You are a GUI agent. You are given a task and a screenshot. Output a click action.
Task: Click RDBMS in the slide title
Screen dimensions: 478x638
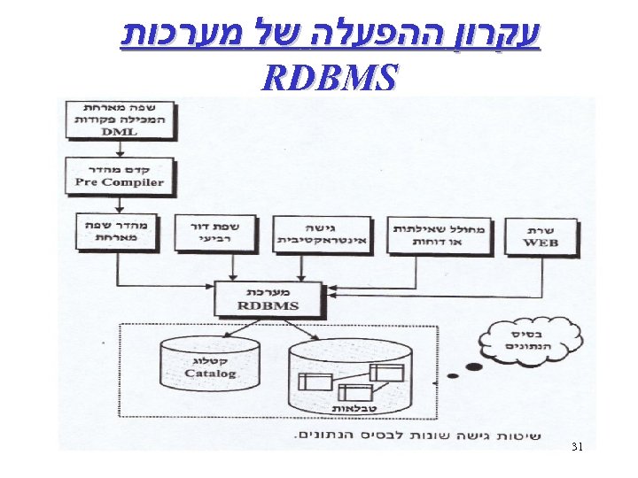coord(328,78)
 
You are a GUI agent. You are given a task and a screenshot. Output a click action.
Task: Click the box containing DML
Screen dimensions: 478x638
coord(120,119)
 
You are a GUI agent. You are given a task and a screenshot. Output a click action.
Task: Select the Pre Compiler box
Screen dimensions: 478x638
coord(120,176)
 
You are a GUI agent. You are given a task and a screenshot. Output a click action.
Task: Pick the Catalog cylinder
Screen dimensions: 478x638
coord(211,369)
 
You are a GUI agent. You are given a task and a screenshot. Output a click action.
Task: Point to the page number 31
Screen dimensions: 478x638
coord(577,447)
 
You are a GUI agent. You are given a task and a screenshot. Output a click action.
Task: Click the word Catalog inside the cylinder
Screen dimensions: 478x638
coord(211,374)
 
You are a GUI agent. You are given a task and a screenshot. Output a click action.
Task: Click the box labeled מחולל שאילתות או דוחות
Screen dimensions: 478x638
coord(439,234)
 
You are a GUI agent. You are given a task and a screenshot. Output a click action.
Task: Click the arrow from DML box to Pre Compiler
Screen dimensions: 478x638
coord(120,146)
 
